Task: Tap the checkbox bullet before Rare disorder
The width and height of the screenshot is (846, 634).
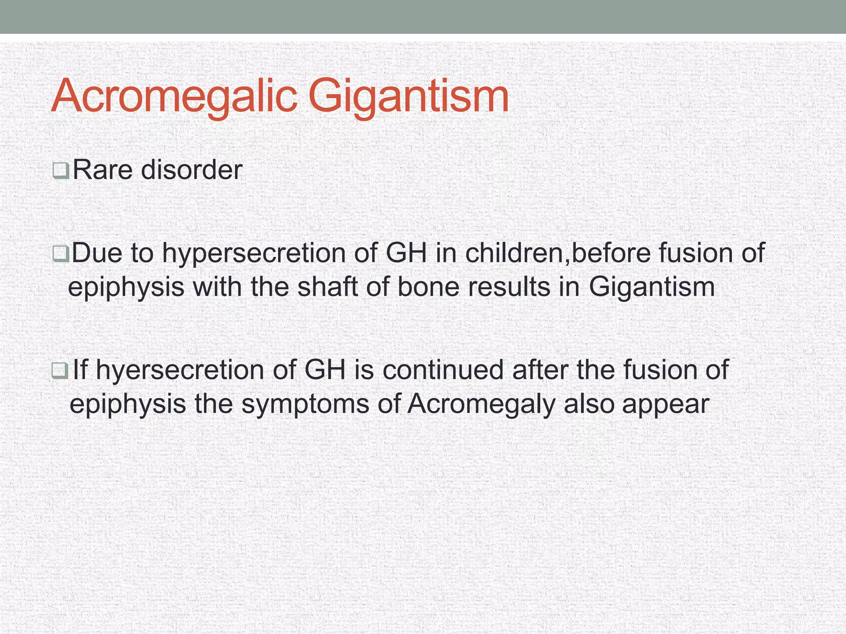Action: tap(61, 170)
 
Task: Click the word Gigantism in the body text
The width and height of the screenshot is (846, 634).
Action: tap(651, 287)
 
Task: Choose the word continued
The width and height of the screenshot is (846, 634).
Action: tap(443, 369)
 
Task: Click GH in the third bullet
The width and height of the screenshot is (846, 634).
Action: tap(325, 369)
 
